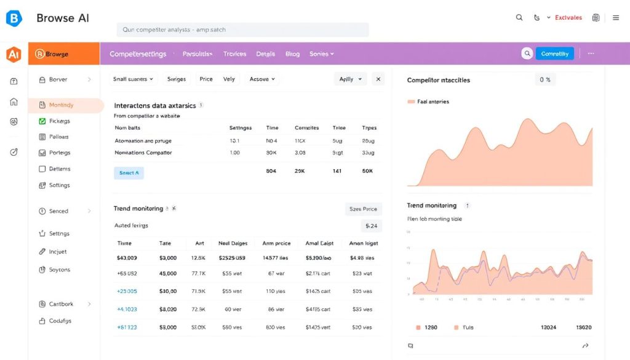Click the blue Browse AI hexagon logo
14,18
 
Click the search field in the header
242,30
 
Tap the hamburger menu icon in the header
616,18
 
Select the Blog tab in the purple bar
292,54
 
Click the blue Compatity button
554,54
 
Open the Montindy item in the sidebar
61,105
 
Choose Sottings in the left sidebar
59,185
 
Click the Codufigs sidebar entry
60,321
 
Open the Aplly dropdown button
350,79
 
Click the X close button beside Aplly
378,79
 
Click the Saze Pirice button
363,209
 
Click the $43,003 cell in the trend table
127,258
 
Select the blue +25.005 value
127,291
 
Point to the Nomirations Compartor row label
143,153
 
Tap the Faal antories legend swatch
412,102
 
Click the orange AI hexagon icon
14,55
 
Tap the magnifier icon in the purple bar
527,54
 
